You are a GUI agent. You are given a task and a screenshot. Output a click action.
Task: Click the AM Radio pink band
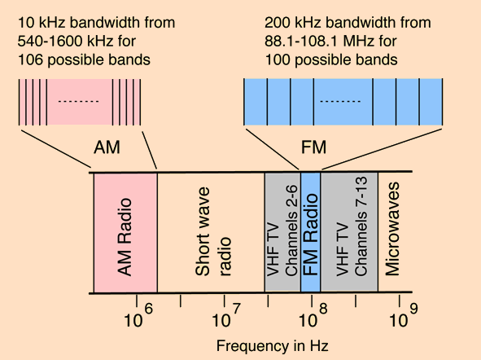[x=125, y=232]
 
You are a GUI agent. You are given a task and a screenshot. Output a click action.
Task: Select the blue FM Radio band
[x=311, y=232]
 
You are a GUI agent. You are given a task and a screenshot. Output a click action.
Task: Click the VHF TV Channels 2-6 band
[x=282, y=232]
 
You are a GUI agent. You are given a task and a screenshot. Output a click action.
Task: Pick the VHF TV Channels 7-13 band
[x=348, y=232]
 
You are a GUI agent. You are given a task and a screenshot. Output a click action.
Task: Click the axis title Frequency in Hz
[x=272, y=345]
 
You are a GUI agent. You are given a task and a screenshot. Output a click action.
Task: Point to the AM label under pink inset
[x=107, y=147]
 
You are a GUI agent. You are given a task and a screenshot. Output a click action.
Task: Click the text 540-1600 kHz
[x=63, y=40]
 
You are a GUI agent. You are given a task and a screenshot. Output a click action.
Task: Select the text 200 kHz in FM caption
[x=289, y=22]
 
